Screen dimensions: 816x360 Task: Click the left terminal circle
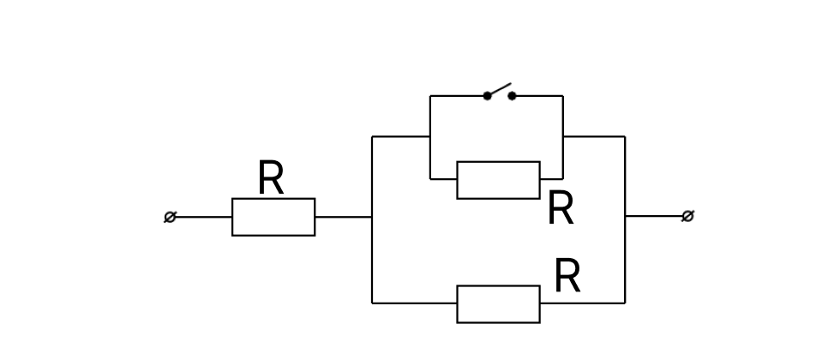pyautogui.click(x=171, y=217)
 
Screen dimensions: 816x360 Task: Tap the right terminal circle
pyautogui.click(x=687, y=216)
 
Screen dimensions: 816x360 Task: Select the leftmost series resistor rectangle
pyautogui.click(x=273, y=217)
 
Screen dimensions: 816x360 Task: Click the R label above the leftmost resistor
pyautogui.click(x=271, y=177)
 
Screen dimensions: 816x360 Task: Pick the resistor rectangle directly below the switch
pyautogui.click(x=498, y=180)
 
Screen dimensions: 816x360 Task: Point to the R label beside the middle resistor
pyautogui.click(x=561, y=207)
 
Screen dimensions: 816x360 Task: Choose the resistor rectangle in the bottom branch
pyautogui.click(x=498, y=303)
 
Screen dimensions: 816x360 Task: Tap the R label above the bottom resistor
pyautogui.click(x=567, y=276)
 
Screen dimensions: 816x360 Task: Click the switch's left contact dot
pyautogui.click(x=487, y=96)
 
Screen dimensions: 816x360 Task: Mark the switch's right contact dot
pyautogui.click(x=512, y=96)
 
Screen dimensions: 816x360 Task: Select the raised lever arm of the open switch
pyautogui.click(x=500, y=89)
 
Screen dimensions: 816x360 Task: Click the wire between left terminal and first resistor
pyautogui.click(x=204, y=217)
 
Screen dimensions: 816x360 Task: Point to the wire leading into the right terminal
pyautogui.click(x=653, y=216)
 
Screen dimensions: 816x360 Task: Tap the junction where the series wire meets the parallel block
pyautogui.click(x=372, y=217)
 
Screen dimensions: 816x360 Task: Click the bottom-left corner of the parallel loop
pyautogui.click(x=372, y=303)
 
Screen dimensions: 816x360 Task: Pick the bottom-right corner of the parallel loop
pyautogui.click(x=625, y=303)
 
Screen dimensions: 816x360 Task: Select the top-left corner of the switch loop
pyautogui.click(x=430, y=96)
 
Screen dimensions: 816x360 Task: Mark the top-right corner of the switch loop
pyautogui.click(x=562, y=96)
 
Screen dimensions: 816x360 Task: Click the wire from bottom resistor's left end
pyautogui.click(x=414, y=303)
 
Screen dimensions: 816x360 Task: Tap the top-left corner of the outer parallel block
pyautogui.click(x=372, y=136)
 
